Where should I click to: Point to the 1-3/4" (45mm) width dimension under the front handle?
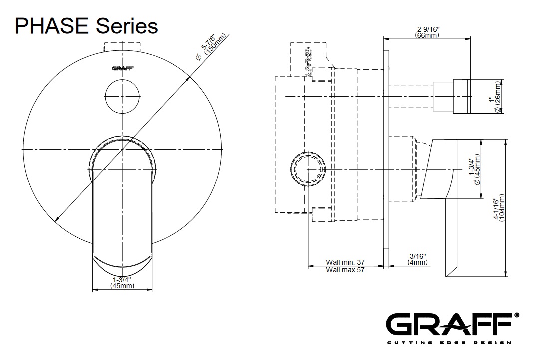pyautogui.click(x=122, y=283)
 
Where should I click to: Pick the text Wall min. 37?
pyautogui.click(x=345, y=261)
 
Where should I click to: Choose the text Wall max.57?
pyautogui.click(x=345, y=269)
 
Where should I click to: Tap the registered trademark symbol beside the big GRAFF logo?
pyautogui.click(x=517, y=315)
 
